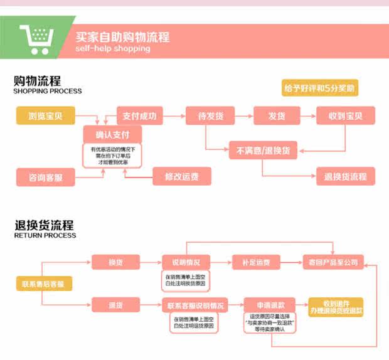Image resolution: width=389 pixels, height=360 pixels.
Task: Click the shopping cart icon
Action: click(x=34, y=39)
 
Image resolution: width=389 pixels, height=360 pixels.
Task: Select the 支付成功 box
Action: click(x=140, y=115)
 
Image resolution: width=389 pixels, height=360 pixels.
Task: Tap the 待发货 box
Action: click(x=210, y=115)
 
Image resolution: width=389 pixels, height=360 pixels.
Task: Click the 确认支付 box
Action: click(x=113, y=135)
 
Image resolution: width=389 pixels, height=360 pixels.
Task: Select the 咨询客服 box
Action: click(x=46, y=177)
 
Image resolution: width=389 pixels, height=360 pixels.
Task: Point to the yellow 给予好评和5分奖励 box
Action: click(x=320, y=88)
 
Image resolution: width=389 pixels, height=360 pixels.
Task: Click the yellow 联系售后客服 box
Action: click(x=43, y=283)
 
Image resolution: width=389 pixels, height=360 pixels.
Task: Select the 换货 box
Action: click(x=115, y=262)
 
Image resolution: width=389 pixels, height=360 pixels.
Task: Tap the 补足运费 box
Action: click(x=256, y=262)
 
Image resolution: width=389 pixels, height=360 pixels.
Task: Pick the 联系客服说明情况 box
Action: click(x=194, y=305)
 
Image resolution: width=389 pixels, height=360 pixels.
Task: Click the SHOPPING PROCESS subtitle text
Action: click(x=48, y=92)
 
